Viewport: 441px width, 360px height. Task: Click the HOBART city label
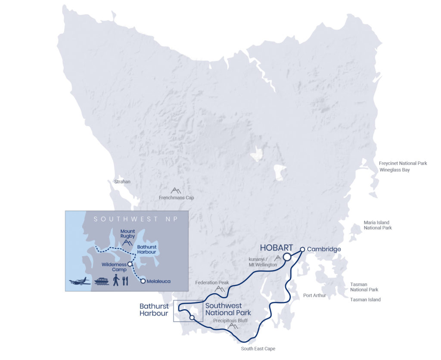tap(276, 248)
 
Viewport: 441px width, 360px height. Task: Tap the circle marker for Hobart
tap(287, 257)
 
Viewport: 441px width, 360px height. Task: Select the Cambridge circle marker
tap(303, 249)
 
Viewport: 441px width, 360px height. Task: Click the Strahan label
tap(122, 182)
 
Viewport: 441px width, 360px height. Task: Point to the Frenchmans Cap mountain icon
tap(176, 190)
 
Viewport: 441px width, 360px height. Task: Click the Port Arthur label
tap(314, 295)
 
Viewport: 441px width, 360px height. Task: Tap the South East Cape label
tap(258, 349)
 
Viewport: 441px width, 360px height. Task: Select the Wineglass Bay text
tap(394, 170)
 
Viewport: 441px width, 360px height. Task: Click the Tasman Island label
tap(365, 300)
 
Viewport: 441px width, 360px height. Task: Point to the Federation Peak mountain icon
tap(220, 289)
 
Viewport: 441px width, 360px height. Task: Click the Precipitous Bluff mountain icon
tap(233, 326)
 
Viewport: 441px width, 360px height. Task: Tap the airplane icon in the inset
tap(80, 282)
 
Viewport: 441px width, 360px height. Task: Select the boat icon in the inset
tap(101, 281)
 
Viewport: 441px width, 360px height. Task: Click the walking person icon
tap(116, 281)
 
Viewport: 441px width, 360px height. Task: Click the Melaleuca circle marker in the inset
tap(143, 281)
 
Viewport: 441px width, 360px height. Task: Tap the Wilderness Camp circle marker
tap(130, 264)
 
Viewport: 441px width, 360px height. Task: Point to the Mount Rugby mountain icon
tap(127, 242)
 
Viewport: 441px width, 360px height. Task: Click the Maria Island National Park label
tap(378, 225)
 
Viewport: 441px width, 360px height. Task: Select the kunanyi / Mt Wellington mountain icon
tap(278, 258)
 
